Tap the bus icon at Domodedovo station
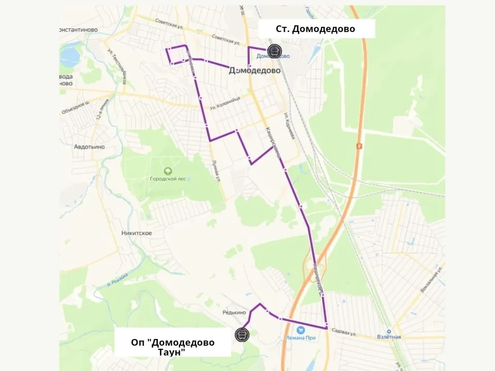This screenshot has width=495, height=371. coord(274,50)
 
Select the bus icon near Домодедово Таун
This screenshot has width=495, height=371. coord(241,334)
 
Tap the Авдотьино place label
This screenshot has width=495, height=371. coord(89,146)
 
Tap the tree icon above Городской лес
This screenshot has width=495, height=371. coord(167,171)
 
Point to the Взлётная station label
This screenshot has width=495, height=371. coord(389,337)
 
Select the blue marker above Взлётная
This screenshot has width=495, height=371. coord(389,331)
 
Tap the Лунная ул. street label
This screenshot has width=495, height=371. coord(217,170)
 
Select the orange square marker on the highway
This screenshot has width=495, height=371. coord(359,146)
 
